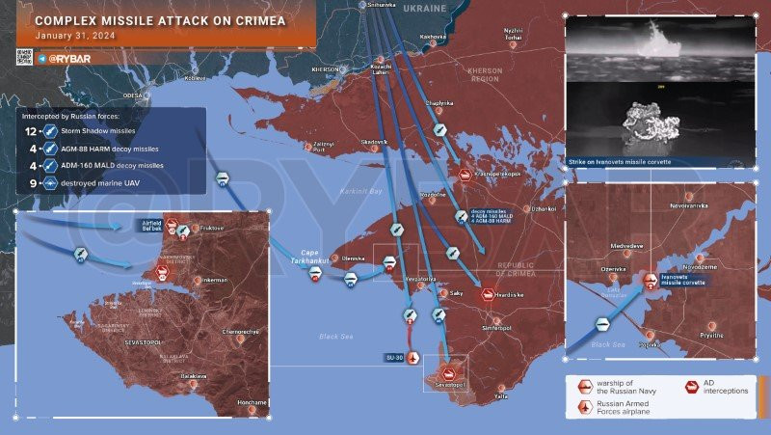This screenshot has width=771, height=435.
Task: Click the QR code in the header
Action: click(x=24, y=58)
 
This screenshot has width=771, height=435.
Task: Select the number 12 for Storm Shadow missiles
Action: click(x=30, y=130)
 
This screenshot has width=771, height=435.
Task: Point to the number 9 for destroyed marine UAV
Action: click(x=32, y=182)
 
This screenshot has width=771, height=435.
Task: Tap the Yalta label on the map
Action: click(x=500, y=396)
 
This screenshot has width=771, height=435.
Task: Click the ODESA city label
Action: click(x=132, y=95)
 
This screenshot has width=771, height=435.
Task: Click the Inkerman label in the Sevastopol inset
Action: click(x=215, y=280)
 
